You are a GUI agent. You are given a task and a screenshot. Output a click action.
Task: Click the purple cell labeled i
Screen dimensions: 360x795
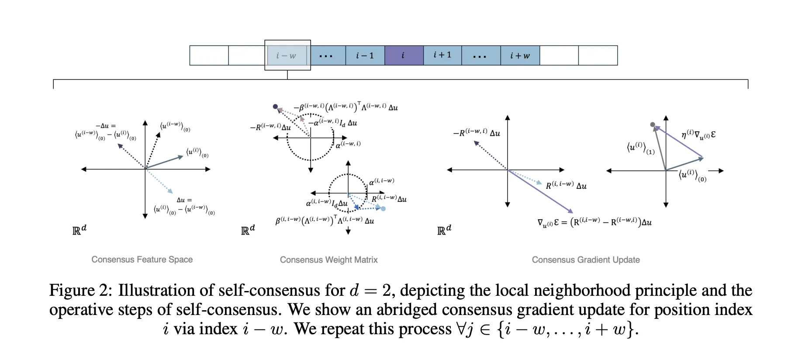tap(404, 55)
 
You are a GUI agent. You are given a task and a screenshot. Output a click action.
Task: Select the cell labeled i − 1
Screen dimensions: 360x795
tap(365, 55)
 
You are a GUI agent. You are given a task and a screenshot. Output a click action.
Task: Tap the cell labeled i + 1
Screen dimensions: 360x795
tap(442, 55)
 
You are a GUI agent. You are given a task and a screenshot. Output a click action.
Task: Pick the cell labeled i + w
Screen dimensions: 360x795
tap(520, 55)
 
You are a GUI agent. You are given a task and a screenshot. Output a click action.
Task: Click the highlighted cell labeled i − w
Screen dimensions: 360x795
tap(287, 55)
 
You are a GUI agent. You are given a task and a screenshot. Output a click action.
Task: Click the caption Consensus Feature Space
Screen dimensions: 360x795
tap(142, 260)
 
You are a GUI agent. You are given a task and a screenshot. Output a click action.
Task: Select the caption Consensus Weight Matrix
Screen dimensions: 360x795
tap(328, 260)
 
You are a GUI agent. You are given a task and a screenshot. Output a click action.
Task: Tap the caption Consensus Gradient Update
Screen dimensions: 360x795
tap(585, 260)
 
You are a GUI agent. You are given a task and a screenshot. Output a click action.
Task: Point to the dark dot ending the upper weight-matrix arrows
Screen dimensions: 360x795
tap(275, 107)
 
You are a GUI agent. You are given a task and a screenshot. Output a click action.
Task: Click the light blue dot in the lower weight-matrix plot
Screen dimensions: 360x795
tap(383, 209)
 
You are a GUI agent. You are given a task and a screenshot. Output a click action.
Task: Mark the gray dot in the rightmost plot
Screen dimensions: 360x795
tap(653, 125)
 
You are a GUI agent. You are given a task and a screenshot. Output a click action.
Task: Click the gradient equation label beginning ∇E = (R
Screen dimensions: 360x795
tap(594, 222)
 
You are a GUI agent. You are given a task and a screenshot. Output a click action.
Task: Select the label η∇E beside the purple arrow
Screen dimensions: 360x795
tap(698, 134)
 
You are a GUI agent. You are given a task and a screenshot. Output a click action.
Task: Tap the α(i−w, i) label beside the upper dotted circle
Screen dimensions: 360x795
tap(348, 144)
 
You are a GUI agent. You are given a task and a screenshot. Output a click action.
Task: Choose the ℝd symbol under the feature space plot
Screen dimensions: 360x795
tap(79, 229)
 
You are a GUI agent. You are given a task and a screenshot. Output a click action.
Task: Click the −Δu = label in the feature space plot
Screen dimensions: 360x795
tap(106, 126)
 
